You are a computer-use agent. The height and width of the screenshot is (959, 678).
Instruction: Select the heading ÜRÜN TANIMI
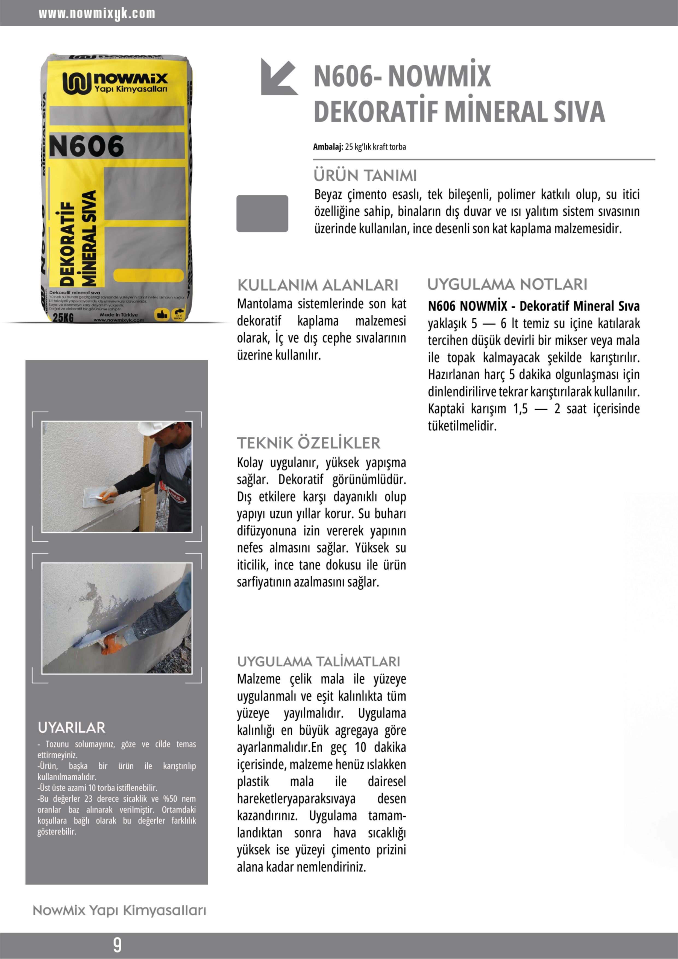pyautogui.click(x=365, y=175)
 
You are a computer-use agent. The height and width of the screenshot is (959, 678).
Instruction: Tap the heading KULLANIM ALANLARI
pyautogui.click(x=318, y=285)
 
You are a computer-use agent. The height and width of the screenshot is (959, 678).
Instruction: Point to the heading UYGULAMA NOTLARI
pyautogui.click(x=507, y=285)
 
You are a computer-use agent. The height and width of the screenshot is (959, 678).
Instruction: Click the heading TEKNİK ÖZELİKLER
pyautogui.click(x=309, y=443)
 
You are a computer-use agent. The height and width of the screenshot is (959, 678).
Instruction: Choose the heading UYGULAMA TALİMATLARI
pyautogui.click(x=318, y=662)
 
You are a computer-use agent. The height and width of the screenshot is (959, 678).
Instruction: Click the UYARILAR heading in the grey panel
pyautogui.click(x=71, y=728)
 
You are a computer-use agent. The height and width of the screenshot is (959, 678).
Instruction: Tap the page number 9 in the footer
pyautogui.click(x=118, y=945)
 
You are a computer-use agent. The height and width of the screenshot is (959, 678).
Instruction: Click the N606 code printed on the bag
pyautogui.click(x=86, y=146)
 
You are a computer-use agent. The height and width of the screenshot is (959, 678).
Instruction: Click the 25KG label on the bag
pyautogui.click(x=63, y=318)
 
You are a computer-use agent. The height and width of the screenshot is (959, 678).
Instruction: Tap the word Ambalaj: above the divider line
pyautogui.click(x=328, y=146)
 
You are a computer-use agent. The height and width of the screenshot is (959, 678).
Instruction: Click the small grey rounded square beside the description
pyautogui.click(x=262, y=213)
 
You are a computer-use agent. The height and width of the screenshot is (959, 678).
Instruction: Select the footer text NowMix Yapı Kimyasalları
pyautogui.click(x=119, y=911)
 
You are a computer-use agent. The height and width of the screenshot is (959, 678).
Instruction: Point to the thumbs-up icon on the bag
pyautogui.click(x=161, y=315)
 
